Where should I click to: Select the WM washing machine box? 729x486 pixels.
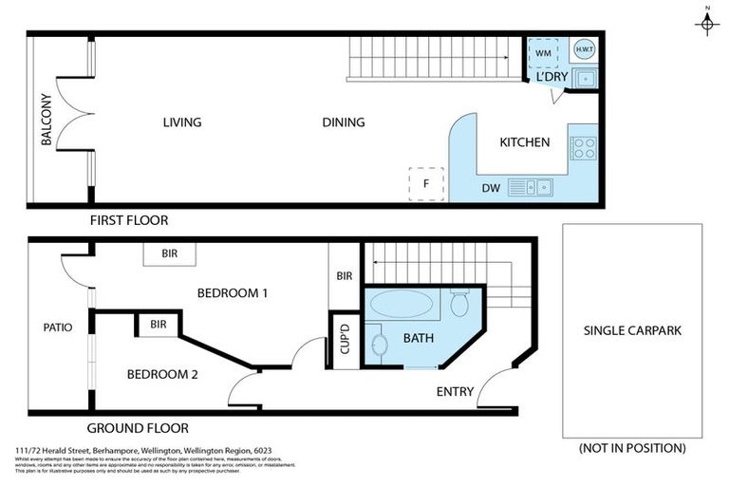[x=543, y=53]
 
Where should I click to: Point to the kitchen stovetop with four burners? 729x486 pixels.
[x=583, y=147]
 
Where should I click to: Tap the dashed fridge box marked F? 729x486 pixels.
[x=426, y=183]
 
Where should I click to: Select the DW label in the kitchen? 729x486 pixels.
[x=491, y=188]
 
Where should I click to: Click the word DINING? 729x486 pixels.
[x=344, y=122]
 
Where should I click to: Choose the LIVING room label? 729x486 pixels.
[x=182, y=122]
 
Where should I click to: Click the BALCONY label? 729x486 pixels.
[x=46, y=121]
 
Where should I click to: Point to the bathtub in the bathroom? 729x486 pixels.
[x=401, y=305]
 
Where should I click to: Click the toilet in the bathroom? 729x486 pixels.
[x=459, y=304]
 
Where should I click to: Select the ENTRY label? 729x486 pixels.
[x=455, y=391]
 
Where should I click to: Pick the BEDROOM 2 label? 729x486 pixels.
[x=162, y=374]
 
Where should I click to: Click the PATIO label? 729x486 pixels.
[x=58, y=327]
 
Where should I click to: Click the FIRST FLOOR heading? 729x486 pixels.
[x=129, y=220]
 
